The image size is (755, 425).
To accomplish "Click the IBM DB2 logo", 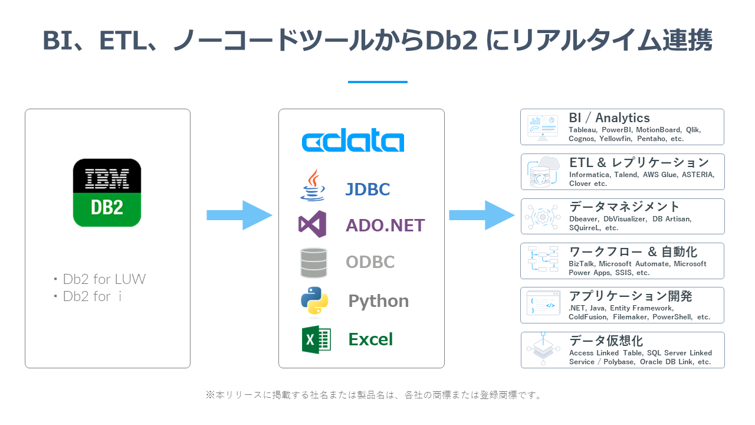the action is click(107, 192).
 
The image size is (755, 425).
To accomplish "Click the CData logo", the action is click(353, 140).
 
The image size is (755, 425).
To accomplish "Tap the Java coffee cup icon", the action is click(313, 185).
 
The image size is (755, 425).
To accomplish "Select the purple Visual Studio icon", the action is click(313, 224).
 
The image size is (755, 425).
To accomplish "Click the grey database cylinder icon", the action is click(313, 263).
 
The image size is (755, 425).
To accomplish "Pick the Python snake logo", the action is click(314, 301).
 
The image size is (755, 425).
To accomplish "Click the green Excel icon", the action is click(316, 339).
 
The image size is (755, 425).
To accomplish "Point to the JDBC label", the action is click(367, 189).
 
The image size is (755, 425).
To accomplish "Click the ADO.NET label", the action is click(385, 225).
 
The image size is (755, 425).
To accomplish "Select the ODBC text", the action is click(370, 261).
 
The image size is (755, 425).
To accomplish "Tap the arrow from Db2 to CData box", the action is click(239, 215).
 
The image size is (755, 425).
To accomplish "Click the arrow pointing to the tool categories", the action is click(482, 215).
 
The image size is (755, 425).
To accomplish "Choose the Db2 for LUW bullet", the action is click(100, 279).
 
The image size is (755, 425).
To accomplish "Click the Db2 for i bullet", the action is click(88, 296).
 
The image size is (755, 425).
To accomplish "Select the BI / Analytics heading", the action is click(609, 117).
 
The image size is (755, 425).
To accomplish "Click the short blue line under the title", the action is click(377, 82).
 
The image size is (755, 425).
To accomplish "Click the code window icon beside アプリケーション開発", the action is click(543, 303).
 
